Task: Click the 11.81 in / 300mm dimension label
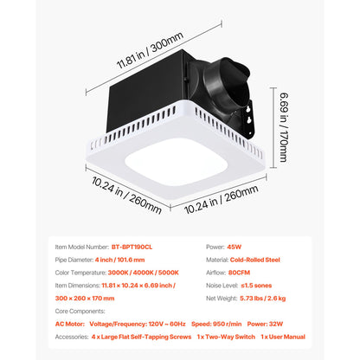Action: coord(150,50)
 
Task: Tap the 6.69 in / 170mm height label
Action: coord(284,127)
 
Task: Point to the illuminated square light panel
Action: coord(176,162)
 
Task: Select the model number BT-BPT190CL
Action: coord(132,247)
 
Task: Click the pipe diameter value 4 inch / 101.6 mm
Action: coord(120,260)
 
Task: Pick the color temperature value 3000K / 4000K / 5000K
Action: coord(144,273)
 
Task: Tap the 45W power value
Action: coord(235,247)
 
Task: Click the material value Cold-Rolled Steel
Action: coord(255,260)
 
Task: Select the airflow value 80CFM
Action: coord(239,273)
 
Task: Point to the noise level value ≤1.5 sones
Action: coord(256,286)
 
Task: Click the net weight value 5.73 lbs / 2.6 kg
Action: coord(263,299)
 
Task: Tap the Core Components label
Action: coord(80,312)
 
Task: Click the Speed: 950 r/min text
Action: coord(216,324)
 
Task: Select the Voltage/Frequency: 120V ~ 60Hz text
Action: coord(138,324)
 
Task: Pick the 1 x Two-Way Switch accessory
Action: coord(226,337)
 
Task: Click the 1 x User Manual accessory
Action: coord(283,337)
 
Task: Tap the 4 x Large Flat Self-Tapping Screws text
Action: coord(141,337)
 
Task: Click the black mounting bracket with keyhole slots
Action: coord(247,119)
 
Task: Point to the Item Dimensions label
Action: coord(77,286)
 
